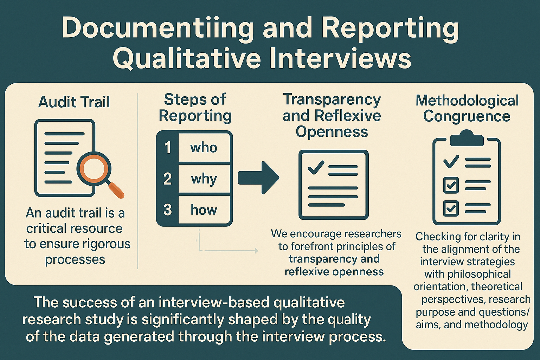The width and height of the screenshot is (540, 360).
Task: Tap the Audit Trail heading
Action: (74, 102)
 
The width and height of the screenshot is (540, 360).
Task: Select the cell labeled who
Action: (204, 147)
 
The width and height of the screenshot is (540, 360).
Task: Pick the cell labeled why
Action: (204, 179)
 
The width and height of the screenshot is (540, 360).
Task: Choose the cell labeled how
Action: (204, 210)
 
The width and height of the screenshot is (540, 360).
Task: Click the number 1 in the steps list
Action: (168, 147)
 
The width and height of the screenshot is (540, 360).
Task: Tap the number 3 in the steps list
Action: (168, 210)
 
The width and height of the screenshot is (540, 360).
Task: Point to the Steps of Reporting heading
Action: (195, 108)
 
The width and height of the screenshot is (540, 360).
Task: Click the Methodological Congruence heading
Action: (467, 108)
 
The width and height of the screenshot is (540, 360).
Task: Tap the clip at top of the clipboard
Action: (467, 138)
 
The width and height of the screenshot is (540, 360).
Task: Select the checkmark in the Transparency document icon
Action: (316, 167)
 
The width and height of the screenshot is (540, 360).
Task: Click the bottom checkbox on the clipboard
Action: (451, 208)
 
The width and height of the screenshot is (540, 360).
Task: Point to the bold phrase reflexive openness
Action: (334, 272)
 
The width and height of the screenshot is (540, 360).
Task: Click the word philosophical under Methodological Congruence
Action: (468, 274)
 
